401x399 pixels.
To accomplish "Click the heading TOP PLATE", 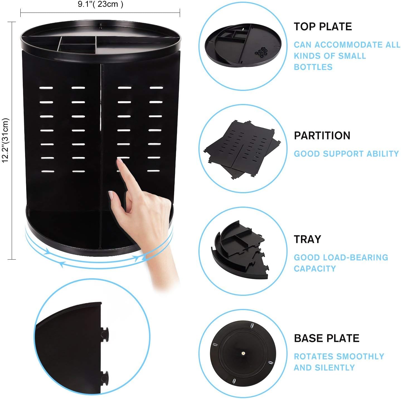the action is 322,27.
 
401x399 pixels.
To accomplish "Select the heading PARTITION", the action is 322,136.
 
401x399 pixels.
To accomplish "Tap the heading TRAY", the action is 307,239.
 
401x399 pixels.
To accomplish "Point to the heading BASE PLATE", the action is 327,338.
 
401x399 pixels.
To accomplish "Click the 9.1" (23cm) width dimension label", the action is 101,4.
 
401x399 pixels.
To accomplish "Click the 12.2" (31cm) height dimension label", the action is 5,140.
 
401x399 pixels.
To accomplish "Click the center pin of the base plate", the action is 243,353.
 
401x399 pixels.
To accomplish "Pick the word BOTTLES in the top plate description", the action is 313,67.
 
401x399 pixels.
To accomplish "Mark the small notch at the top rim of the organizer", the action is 101,25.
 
